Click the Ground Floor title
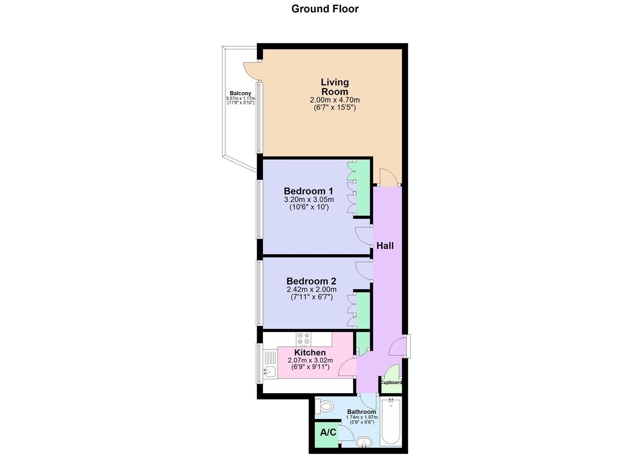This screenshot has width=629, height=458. click(325, 9)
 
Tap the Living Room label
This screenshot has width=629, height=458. click(335, 87)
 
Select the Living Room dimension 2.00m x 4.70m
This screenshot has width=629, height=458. click(335, 100)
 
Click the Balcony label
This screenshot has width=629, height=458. click(240, 93)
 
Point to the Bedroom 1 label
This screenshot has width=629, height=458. click(308, 191)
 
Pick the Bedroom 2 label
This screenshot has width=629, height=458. click(311, 281)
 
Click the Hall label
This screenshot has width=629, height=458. click(385, 246)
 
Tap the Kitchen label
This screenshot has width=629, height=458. click(310, 352)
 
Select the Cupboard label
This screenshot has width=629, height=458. click(391, 383)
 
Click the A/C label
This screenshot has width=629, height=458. click(328, 433)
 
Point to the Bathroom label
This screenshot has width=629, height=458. click(361, 412)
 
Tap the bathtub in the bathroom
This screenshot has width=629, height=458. click(391, 422)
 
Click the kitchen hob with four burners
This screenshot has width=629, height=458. click(303, 338)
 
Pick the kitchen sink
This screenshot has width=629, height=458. click(269, 372)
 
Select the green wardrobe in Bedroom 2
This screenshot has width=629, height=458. click(363, 310)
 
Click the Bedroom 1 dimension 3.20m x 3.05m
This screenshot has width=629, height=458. click(309, 200)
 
